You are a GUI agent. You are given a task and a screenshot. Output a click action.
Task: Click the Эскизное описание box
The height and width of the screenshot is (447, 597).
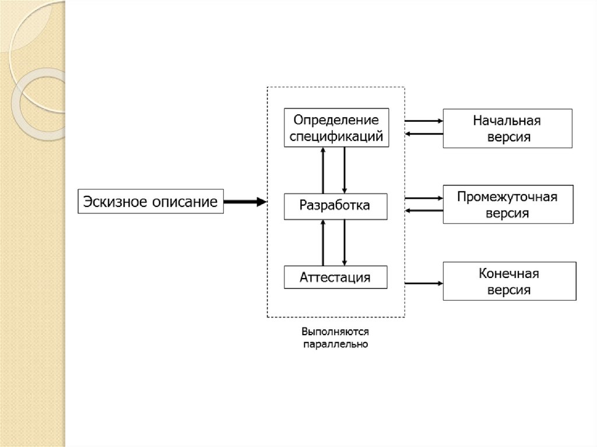point(150,202)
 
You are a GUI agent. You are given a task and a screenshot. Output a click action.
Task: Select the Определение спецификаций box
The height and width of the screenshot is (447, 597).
point(335,128)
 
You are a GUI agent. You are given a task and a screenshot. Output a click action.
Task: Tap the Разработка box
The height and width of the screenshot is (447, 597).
point(335,206)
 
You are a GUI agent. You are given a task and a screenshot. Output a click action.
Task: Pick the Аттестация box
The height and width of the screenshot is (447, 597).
point(335,277)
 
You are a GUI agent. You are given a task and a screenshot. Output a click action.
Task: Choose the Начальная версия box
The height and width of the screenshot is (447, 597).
point(507,128)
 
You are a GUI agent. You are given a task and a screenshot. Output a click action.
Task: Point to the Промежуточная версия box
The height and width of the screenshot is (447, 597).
point(507,205)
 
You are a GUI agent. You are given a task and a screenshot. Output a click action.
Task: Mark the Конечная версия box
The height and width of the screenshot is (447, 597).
point(507,281)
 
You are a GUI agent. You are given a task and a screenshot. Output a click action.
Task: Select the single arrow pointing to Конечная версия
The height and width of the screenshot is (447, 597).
point(424,283)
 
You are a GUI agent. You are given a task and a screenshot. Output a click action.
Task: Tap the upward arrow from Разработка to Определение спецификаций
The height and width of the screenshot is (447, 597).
point(322,170)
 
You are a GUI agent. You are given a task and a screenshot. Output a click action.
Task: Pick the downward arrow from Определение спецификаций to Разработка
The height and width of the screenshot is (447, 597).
point(345,170)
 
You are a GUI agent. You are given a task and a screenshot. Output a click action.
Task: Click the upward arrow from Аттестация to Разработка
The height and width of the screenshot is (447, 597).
point(322,242)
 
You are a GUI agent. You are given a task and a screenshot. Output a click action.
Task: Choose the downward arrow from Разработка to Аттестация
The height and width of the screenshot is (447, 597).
point(345,242)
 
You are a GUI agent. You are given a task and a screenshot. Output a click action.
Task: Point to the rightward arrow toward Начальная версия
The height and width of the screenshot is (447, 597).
point(424,121)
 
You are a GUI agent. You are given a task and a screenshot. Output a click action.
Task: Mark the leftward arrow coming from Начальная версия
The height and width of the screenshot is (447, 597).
point(424,134)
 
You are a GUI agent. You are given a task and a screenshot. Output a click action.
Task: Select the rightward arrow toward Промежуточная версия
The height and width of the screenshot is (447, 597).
point(424,198)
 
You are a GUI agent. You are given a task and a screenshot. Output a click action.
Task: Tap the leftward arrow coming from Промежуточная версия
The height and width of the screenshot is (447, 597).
point(424,210)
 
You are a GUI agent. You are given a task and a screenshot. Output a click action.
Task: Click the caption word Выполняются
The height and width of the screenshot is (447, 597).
point(335,332)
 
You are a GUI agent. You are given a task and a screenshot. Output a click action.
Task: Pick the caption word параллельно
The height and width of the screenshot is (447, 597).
point(335,344)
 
